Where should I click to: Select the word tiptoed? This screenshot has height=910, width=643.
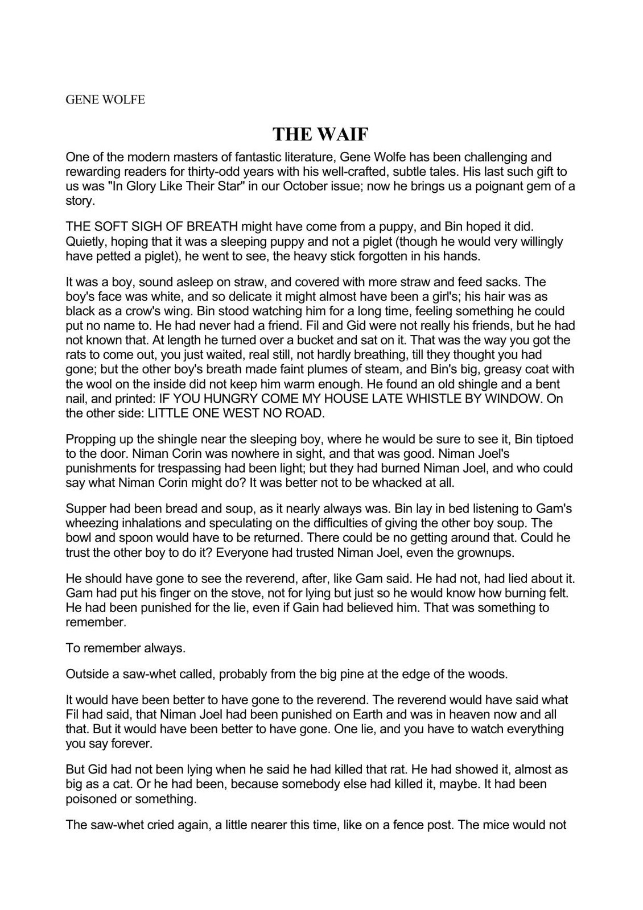pos(551,439)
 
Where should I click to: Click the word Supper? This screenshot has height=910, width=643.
pos(85,508)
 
